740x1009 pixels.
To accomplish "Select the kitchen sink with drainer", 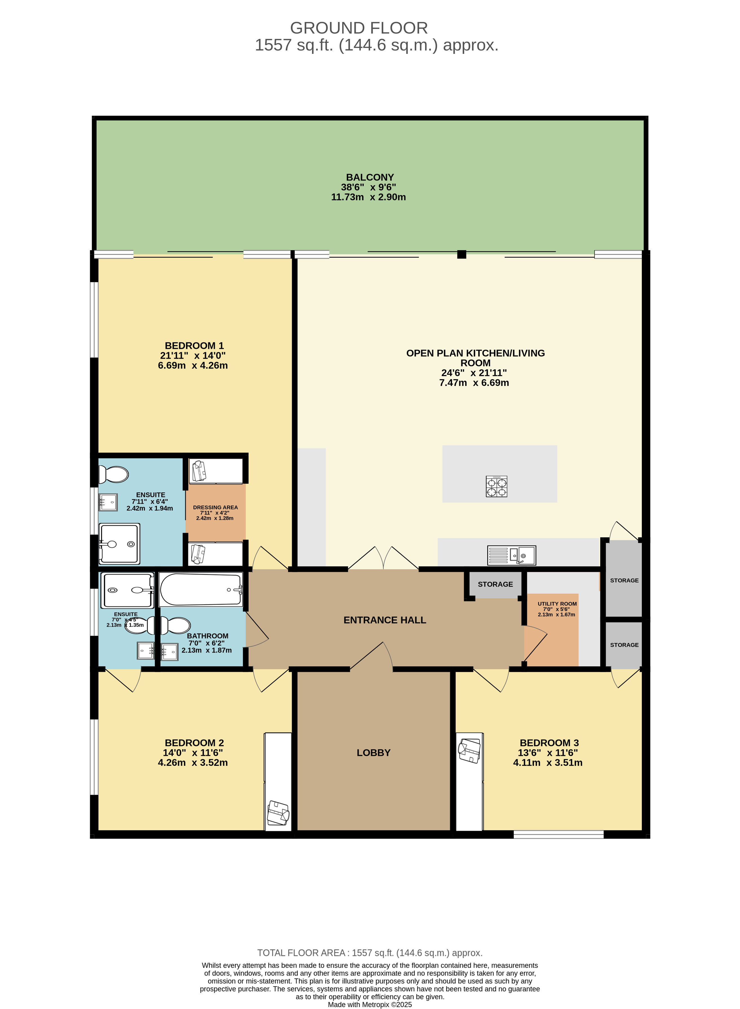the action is tap(511, 556).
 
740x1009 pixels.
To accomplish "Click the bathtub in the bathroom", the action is tap(201, 590).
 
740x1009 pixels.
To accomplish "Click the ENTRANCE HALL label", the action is tap(385, 620).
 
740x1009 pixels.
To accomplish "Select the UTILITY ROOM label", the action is tap(557, 603).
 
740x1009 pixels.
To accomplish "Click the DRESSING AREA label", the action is tap(216, 507).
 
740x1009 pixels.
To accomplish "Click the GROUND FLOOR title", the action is tap(359, 28).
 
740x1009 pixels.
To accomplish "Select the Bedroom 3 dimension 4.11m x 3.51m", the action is tap(548, 763).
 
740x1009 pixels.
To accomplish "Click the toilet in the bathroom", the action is tap(175, 625).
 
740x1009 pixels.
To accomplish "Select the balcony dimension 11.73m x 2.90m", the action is tap(368, 197).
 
